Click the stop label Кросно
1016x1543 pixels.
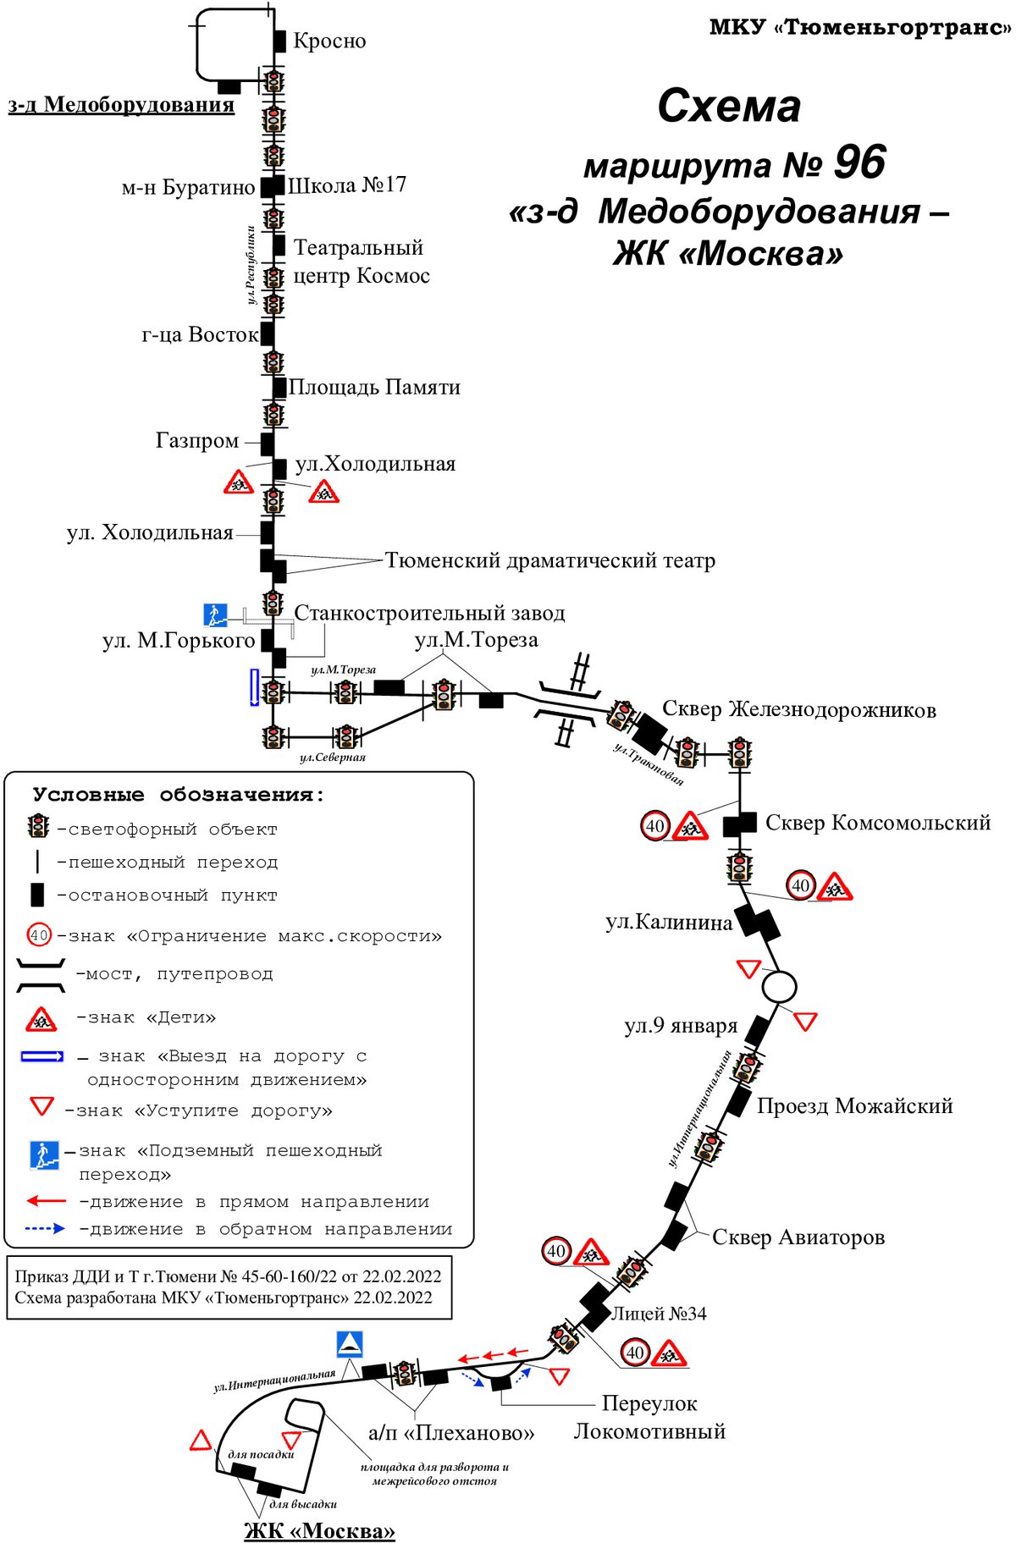(329, 41)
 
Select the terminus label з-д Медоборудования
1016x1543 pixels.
(121, 105)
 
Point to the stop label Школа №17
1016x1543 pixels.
(347, 185)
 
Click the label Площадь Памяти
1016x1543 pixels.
(375, 387)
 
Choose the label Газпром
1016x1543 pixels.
(197, 441)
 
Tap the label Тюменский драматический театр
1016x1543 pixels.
(550, 560)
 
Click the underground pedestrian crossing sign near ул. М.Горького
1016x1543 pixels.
(215, 615)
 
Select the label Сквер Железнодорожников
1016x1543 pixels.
(799, 709)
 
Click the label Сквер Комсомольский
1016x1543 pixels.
(878, 823)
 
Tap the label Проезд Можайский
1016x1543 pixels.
(855, 1106)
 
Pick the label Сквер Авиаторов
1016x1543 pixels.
(798, 1237)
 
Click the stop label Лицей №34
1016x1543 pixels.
(659, 1314)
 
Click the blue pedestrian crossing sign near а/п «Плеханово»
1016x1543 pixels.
(350, 1344)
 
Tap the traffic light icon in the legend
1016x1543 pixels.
(38, 826)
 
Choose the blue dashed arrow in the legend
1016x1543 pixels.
(45, 1228)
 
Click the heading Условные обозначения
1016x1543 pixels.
(179, 795)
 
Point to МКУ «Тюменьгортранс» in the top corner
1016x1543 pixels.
(860, 28)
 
